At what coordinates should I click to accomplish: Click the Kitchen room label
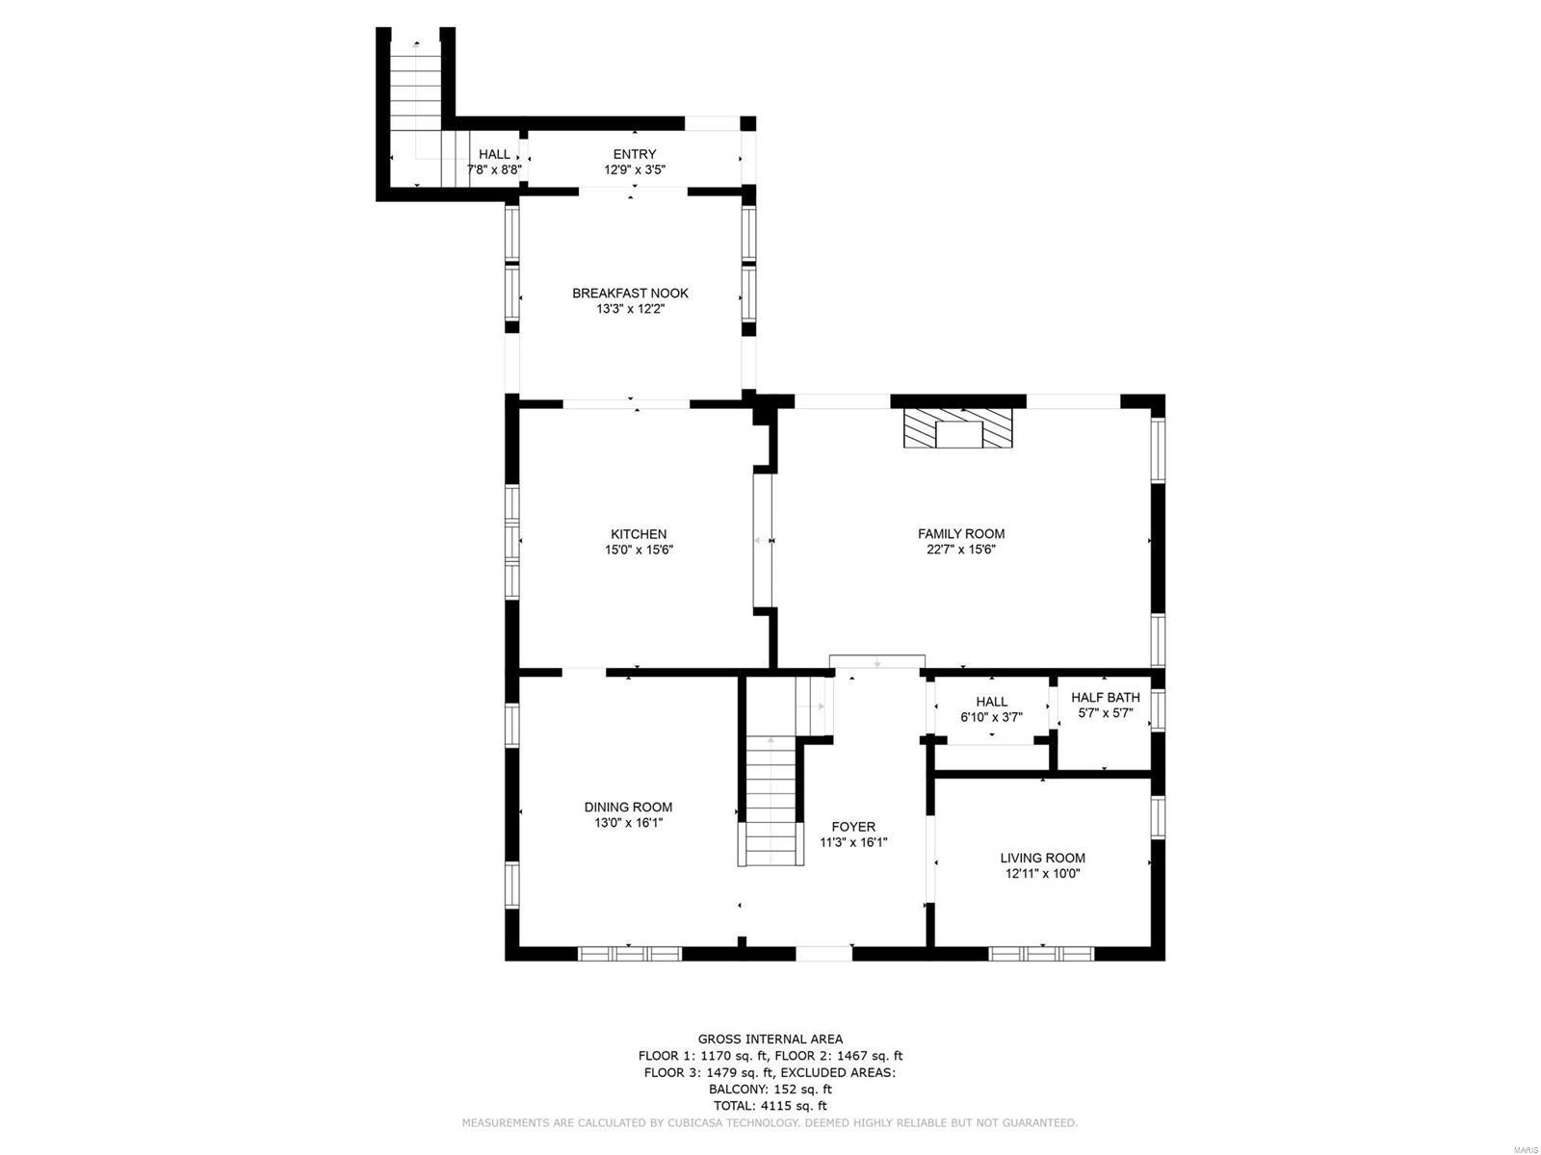(638, 534)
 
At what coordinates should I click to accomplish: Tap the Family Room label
(960, 533)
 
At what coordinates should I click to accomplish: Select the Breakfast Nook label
(630, 293)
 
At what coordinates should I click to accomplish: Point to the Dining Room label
(628, 807)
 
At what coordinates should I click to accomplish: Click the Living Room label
(1042, 858)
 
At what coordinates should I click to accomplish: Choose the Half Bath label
(1105, 698)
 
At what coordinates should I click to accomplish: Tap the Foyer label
(853, 826)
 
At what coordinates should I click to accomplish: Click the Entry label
(635, 154)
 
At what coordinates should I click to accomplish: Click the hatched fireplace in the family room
(957, 428)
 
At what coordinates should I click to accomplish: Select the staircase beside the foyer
(772, 799)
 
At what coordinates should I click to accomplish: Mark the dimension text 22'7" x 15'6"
(960, 550)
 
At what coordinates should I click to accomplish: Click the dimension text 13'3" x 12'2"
(630, 309)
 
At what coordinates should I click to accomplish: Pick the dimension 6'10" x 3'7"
(991, 717)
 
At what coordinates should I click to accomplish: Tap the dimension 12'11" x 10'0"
(1042, 874)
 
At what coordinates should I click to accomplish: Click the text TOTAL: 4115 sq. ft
(770, 1106)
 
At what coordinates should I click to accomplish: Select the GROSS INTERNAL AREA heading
(770, 1039)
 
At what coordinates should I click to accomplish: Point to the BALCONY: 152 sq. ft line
(770, 1090)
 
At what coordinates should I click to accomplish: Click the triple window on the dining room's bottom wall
(630, 954)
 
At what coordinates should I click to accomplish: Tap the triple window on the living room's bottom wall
(1042, 954)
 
